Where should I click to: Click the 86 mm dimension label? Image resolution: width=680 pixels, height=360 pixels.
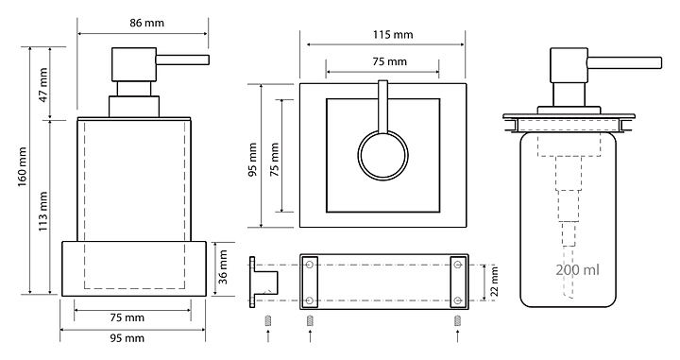(x=146, y=23)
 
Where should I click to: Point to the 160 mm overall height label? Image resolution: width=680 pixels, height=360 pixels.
(x=23, y=167)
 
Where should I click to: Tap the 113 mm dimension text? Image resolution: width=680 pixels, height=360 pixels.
(x=43, y=212)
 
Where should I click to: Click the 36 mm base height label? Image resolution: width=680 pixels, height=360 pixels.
(x=223, y=266)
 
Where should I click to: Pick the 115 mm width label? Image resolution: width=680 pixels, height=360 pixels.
(x=393, y=34)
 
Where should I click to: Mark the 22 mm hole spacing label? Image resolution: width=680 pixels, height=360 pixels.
(x=494, y=282)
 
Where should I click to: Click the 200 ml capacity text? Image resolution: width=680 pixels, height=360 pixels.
(x=578, y=270)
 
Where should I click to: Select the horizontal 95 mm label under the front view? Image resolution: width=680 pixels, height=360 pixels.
(x=127, y=338)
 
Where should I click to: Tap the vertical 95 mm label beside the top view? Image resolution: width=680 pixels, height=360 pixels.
(x=253, y=160)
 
